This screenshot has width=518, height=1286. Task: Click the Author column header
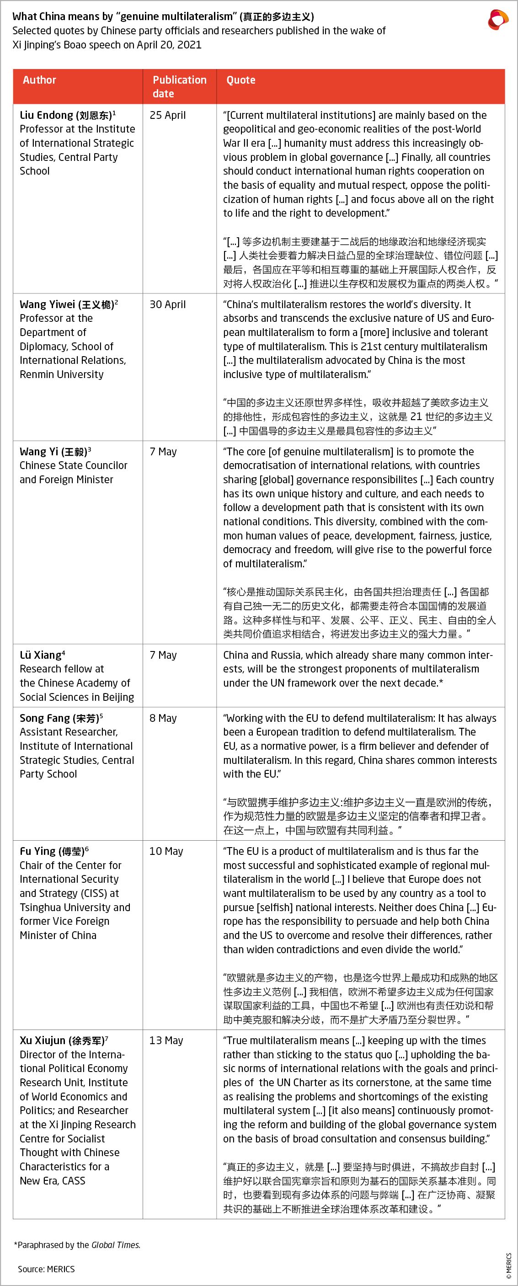[x=39, y=80]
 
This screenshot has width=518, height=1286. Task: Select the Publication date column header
[x=179, y=86]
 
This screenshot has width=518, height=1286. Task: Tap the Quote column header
[x=240, y=80]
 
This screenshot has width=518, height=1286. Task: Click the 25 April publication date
[x=168, y=115]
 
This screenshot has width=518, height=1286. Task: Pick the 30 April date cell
[x=168, y=304]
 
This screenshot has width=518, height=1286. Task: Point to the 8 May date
[x=163, y=718]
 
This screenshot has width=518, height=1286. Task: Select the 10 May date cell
[x=166, y=851]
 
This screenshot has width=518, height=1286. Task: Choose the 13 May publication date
[x=166, y=1041]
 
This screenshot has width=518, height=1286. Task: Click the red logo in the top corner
[x=497, y=20]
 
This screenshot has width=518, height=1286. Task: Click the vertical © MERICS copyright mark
[x=508, y=1265]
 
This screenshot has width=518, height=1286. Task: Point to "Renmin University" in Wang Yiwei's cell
[x=61, y=374]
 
